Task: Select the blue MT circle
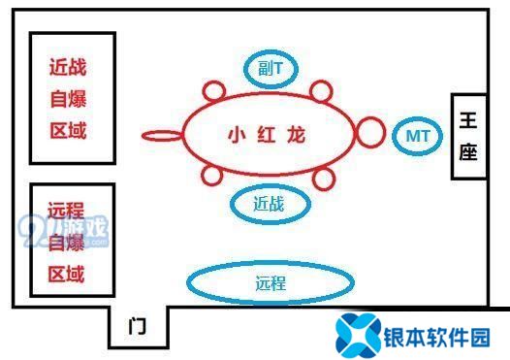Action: (419, 135)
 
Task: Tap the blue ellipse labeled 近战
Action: (271, 204)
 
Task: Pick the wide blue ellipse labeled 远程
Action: (271, 283)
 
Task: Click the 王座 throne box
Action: (469, 137)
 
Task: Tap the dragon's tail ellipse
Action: (161, 135)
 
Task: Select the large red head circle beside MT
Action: (369, 132)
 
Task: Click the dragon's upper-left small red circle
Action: (214, 93)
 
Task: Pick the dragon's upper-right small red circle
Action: (321, 93)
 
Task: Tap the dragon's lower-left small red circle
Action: (213, 176)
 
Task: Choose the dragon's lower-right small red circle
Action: (323, 177)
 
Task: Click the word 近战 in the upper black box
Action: (67, 68)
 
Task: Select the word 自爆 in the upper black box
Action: (67, 99)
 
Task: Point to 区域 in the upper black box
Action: (67, 130)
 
